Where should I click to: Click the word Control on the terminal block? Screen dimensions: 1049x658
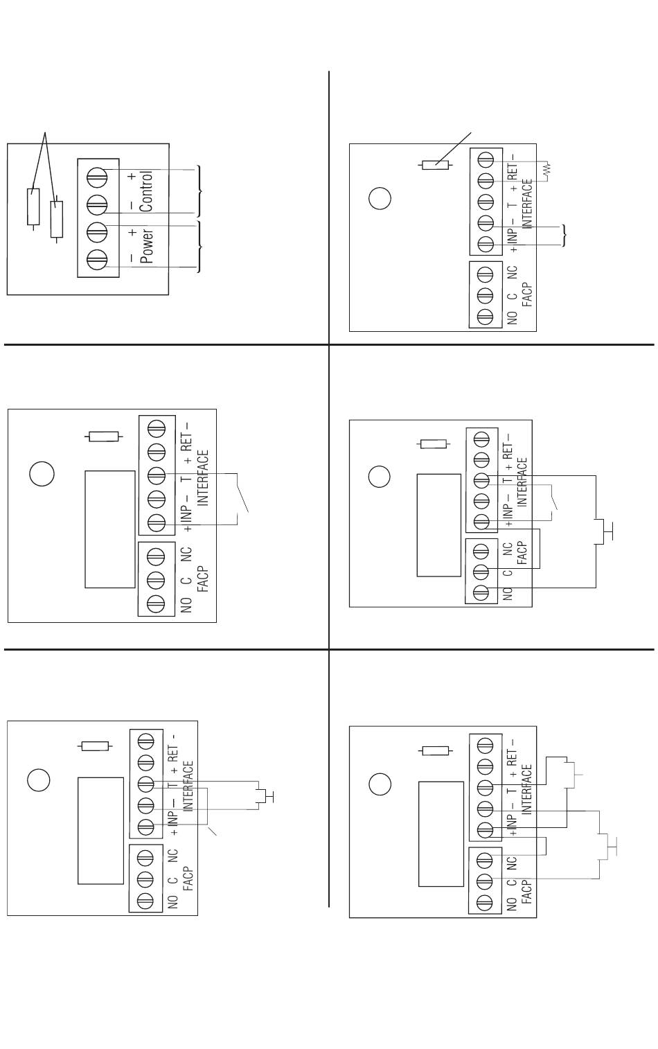(145, 191)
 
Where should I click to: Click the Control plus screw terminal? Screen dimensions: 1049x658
(97, 178)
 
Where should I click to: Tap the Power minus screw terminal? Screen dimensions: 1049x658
(97, 260)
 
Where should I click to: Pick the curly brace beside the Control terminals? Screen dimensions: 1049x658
(200, 191)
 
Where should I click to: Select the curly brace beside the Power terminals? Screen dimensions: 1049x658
(200, 247)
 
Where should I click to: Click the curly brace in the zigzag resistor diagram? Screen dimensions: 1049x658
(565, 236)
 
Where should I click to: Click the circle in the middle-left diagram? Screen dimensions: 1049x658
(42, 474)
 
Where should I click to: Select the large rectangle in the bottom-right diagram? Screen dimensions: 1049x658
(441, 834)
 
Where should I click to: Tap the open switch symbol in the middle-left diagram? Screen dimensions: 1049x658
(242, 493)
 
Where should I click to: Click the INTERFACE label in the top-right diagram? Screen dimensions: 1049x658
(527, 204)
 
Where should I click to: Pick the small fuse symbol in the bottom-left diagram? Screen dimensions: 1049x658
(96, 746)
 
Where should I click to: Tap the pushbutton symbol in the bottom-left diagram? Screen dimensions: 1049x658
(263, 796)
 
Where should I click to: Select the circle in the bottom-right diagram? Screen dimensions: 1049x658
(379, 785)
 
